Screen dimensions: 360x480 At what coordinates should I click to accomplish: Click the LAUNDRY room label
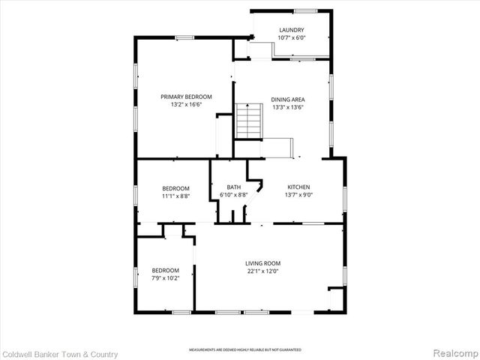pyautogui.click(x=291, y=30)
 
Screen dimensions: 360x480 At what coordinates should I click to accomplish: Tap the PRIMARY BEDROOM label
pyautogui.click(x=187, y=97)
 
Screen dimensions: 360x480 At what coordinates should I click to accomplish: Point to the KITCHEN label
pyautogui.click(x=298, y=187)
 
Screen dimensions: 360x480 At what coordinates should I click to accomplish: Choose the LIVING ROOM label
pyautogui.click(x=262, y=263)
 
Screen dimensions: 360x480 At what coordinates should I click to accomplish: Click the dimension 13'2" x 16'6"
pyautogui.click(x=187, y=105)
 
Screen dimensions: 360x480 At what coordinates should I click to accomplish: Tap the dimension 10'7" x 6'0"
pyautogui.click(x=291, y=37)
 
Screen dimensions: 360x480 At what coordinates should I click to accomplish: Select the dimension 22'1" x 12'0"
pyautogui.click(x=262, y=271)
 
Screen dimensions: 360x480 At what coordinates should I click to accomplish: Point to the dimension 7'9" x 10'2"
pyautogui.click(x=166, y=277)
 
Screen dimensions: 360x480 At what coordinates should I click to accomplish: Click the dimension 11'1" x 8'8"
pyautogui.click(x=176, y=196)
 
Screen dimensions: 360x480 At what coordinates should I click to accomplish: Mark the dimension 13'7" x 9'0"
pyautogui.click(x=298, y=195)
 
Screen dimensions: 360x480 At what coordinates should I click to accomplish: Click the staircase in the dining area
pyautogui.click(x=247, y=121)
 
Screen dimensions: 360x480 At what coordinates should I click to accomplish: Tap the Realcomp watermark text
pyautogui.click(x=453, y=353)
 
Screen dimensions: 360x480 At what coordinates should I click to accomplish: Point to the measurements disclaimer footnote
pyautogui.click(x=244, y=350)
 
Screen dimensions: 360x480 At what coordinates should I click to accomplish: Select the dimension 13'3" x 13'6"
pyautogui.click(x=287, y=106)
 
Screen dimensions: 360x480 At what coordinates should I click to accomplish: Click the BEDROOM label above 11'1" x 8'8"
pyautogui.click(x=176, y=188)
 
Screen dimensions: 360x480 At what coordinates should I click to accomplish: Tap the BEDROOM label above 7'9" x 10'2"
pyautogui.click(x=166, y=270)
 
